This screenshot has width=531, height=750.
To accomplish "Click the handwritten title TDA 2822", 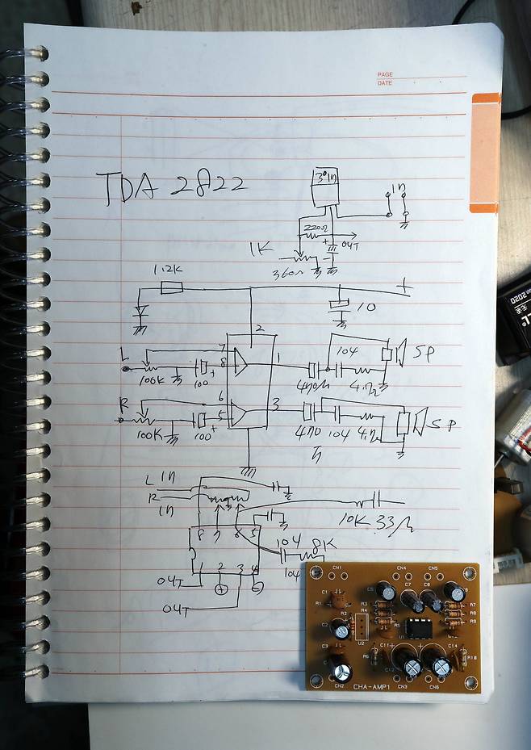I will click(x=171, y=187).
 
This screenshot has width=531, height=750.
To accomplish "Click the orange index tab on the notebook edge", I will click(x=486, y=153).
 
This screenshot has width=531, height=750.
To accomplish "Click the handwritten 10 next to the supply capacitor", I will click(x=365, y=308).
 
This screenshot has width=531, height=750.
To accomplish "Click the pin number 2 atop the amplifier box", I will click(x=259, y=327).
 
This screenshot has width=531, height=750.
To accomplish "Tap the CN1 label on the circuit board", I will click(x=338, y=568).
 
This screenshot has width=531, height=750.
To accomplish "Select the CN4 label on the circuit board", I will click(x=401, y=568).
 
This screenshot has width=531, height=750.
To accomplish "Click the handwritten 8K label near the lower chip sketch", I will click(x=318, y=544).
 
